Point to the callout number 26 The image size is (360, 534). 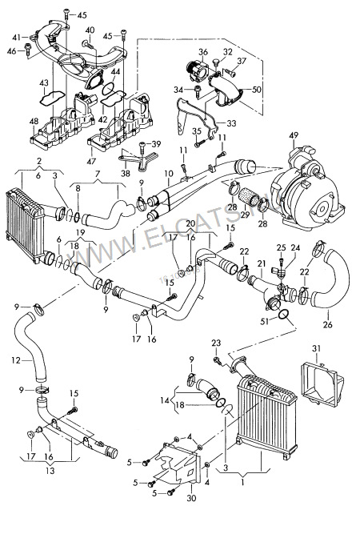[x=326, y=326]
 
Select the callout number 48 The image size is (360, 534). [x=34, y=122]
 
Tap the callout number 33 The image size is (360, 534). [x=232, y=123]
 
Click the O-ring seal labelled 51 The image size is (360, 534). [x=286, y=323]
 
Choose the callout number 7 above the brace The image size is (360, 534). [x=96, y=173]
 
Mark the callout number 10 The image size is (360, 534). [x=168, y=173]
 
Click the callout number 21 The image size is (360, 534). [x=262, y=263]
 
